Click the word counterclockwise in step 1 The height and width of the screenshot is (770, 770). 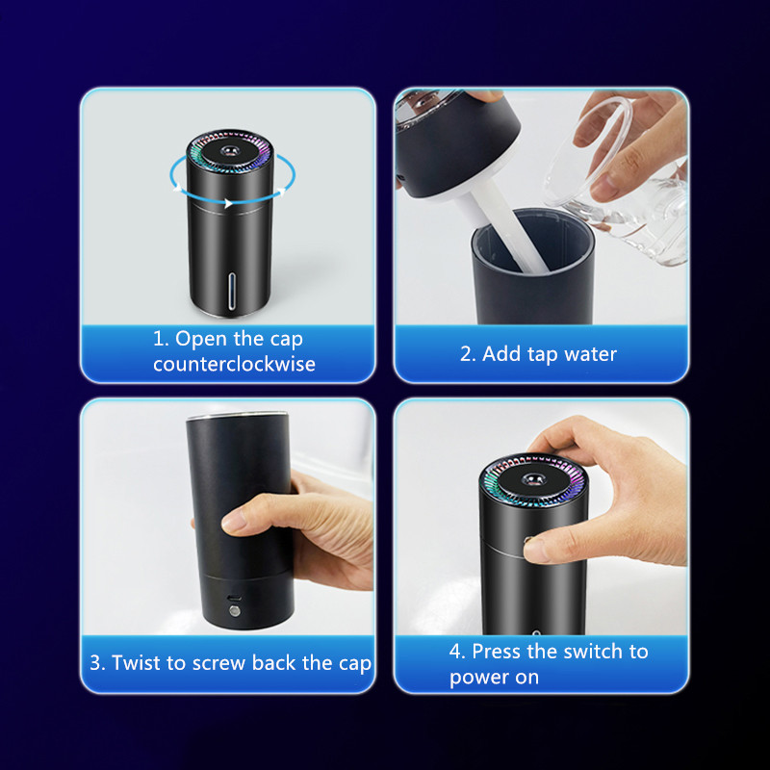[234, 364]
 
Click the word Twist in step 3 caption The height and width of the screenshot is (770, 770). [136, 662]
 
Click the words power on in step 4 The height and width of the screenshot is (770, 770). [494, 679]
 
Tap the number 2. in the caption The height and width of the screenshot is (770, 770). [468, 354]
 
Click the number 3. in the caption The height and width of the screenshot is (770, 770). [97, 663]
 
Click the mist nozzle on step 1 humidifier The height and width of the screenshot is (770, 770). [229, 149]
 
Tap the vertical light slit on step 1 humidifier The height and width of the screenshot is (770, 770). [232, 292]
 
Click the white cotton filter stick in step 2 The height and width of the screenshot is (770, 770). [506, 227]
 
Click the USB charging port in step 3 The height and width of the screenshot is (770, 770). [234, 598]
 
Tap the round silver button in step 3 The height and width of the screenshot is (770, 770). [235, 611]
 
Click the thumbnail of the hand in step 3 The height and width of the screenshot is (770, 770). [233, 521]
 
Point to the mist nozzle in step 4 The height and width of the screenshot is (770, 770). [532, 478]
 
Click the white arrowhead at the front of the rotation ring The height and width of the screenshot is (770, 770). [228, 203]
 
